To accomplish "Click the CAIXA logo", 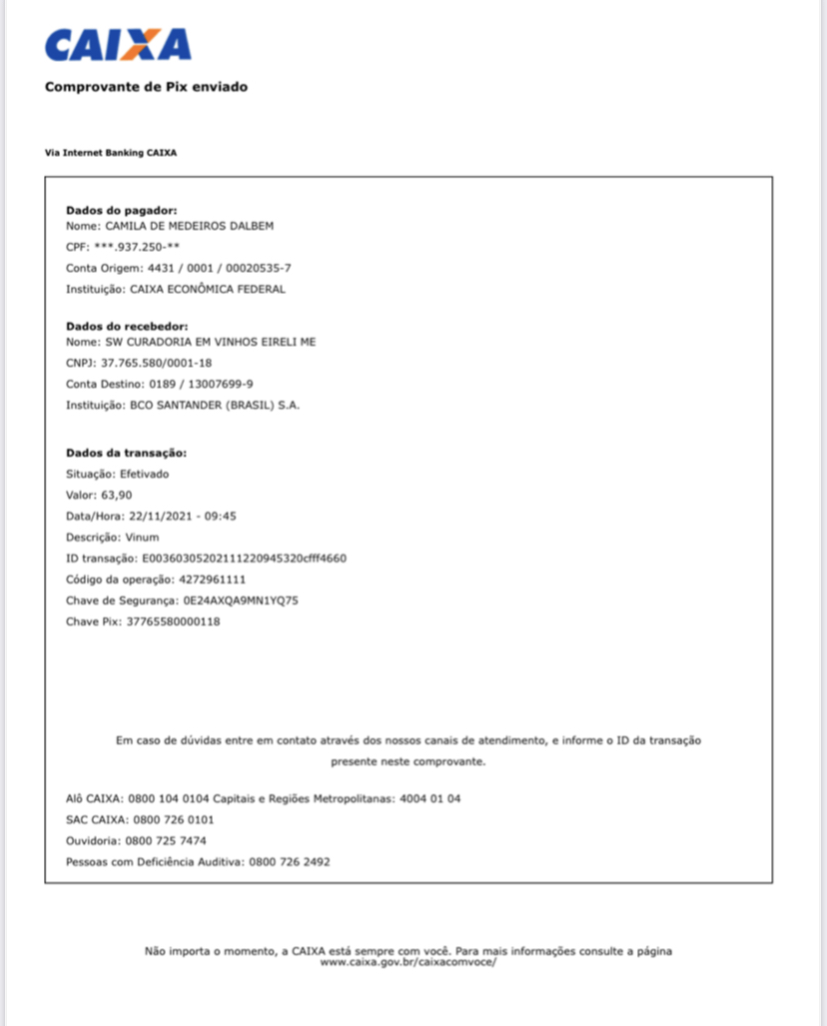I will click(x=118, y=45).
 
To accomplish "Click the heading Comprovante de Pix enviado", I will click(x=146, y=87).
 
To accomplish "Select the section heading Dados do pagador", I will click(x=121, y=210).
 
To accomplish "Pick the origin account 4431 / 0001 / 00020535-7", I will click(x=219, y=268).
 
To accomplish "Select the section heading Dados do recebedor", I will click(x=127, y=326).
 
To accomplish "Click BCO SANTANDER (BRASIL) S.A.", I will click(x=215, y=405).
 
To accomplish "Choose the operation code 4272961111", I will click(x=212, y=578).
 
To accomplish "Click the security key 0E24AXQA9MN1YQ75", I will click(x=240, y=599).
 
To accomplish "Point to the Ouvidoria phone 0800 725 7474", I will click(x=166, y=840).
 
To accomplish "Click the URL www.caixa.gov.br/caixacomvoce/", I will click(x=408, y=961).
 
